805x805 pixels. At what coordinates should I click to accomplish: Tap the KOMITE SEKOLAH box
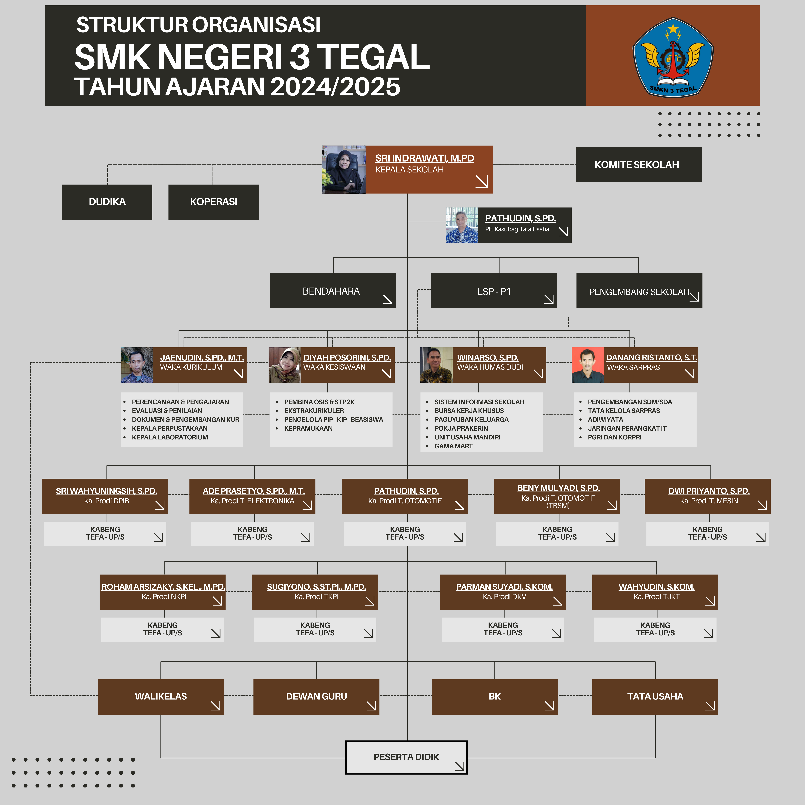(x=638, y=165)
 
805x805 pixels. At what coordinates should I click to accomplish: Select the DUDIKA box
(x=107, y=202)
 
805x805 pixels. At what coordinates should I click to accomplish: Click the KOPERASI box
(x=213, y=202)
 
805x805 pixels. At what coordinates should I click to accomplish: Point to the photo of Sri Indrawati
(x=343, y=169)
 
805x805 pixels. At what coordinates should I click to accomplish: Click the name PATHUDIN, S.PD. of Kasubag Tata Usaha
(x=520, y=218)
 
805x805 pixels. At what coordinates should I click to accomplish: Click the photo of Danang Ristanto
(x=587, y=365)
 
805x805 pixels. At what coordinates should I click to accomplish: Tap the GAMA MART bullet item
(x=453, y=446)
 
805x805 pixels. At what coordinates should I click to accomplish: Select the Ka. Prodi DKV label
(x=504, y=597)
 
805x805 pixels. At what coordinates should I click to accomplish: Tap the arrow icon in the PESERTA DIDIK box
(x=460, y=766)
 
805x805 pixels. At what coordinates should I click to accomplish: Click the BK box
(x=495, y=696)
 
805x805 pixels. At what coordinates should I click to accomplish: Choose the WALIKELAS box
(x=161, y=696)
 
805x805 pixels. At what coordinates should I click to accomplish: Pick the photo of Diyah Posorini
(x=285, y=365)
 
